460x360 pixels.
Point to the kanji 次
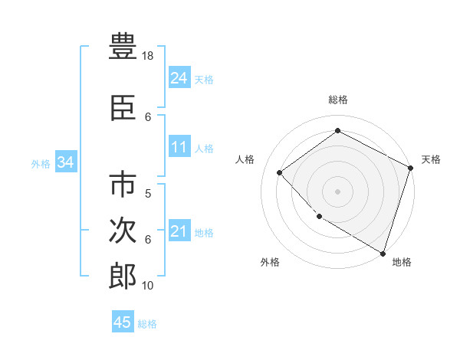[123, 231]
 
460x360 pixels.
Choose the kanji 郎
[123, 276]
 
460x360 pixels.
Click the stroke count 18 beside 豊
[149, 56]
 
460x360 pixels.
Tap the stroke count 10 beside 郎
[148, 286]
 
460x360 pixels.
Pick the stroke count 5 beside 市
[148, 194]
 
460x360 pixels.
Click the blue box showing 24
[179, 77]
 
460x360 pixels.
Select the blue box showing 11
[179, 147]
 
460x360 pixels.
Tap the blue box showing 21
[179, 231]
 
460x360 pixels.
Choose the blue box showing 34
[65, 162]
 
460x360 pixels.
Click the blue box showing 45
[122, 322]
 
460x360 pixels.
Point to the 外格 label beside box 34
[41, 163]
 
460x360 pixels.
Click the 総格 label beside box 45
[147, 324]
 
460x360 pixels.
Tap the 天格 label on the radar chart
[431, 159]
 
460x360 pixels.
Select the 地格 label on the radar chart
[402, 262]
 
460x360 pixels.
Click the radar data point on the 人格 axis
[280, 172]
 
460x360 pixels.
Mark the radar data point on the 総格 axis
[337, 131]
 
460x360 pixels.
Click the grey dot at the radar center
[337, 191]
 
